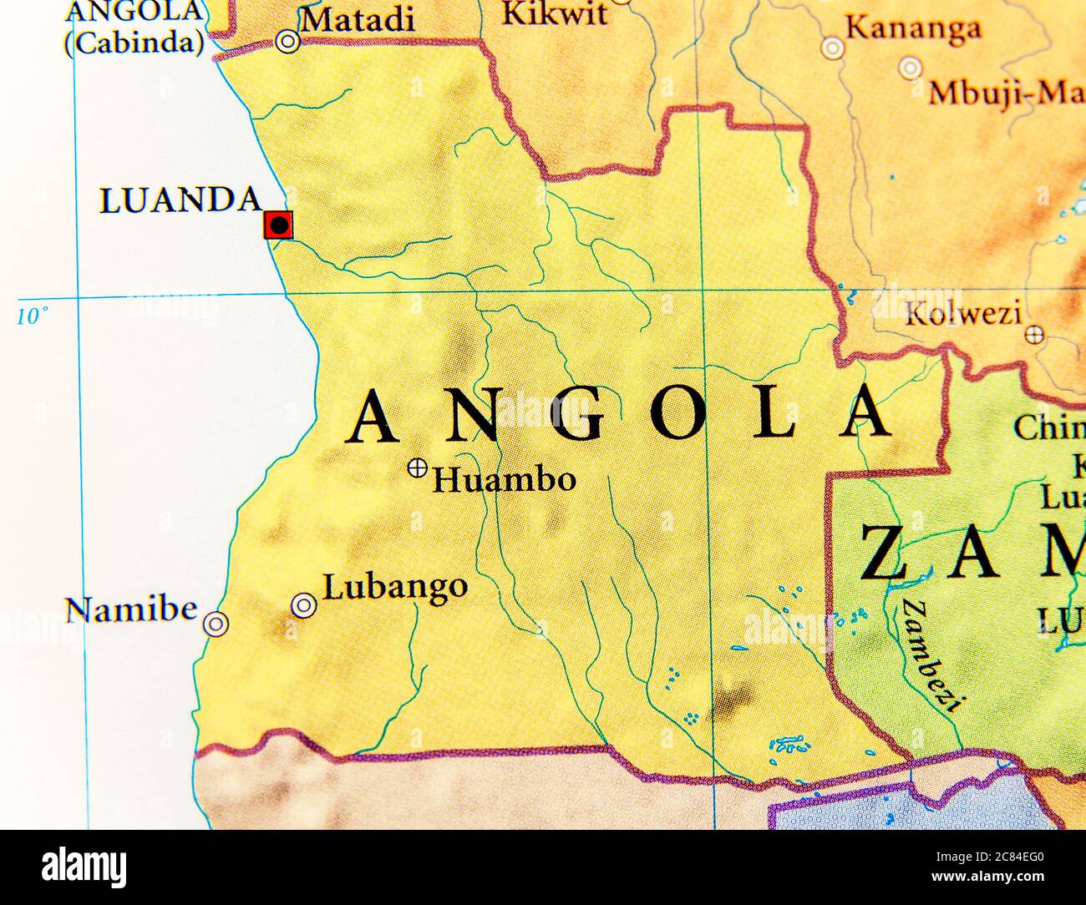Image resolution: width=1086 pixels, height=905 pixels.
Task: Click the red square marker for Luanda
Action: (277, 225)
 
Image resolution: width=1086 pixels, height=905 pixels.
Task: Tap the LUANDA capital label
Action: (180, 201)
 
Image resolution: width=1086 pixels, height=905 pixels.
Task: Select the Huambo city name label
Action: (504, 480)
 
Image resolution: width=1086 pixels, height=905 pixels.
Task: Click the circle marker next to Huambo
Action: (417, 468)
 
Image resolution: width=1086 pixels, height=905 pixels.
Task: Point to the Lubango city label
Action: (394, 587)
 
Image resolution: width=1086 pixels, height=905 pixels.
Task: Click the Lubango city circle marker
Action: (303, 605)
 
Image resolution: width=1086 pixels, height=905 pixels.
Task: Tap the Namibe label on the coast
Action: (131, 609)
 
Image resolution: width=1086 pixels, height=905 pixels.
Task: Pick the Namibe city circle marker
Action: (216, 624)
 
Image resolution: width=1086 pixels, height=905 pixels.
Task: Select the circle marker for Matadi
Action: (287, 42)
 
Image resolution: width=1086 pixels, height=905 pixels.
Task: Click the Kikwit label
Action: (554, 13)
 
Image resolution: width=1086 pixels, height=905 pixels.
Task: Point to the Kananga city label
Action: (913, 29)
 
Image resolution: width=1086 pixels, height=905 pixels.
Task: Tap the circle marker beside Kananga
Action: (832, 48)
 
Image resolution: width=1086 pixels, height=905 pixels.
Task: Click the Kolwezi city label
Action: (963, 315)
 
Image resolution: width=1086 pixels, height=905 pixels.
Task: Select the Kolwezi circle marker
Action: (1034, 335)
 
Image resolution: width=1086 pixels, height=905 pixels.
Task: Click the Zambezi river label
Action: (929, 654)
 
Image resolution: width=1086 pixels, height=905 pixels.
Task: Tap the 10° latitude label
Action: (33, 316)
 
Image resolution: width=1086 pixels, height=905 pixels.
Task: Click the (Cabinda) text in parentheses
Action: (134, 44)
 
